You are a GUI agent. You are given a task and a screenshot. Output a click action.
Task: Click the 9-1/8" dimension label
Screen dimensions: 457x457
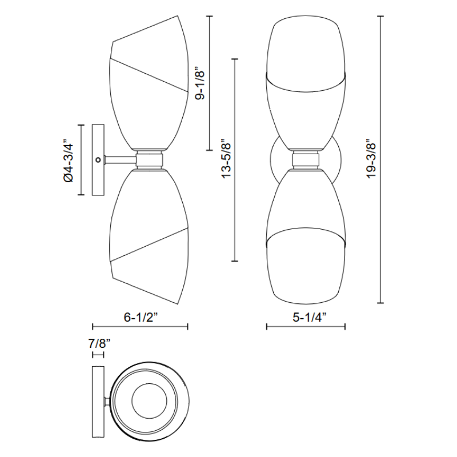click(x=201, y=85)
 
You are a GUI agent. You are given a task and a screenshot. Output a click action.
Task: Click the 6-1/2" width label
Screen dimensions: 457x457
click(x=141, y=317)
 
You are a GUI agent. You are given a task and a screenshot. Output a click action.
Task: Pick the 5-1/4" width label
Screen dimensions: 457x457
click(x=309, y=317)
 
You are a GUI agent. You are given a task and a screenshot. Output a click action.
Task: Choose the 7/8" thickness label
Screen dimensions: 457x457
click(x=99, y=344)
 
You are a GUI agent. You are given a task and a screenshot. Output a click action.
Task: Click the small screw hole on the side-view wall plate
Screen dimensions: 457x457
click(x=98, y=159)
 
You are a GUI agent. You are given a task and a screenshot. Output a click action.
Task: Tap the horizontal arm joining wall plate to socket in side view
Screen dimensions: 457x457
click(x=120, y=160)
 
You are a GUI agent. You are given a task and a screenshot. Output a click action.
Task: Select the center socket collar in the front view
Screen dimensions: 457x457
click(x=306, y=160)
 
